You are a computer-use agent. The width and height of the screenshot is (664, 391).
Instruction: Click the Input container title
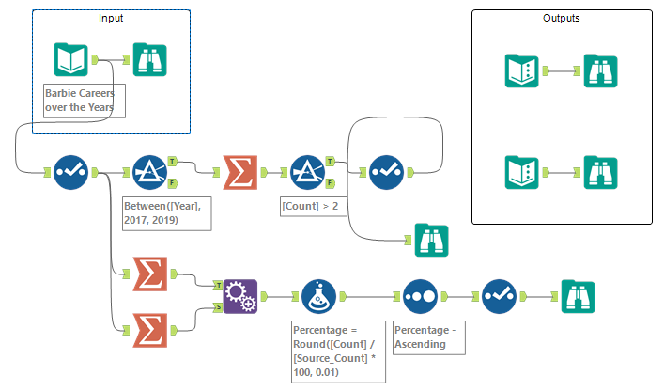[x=111, y=18]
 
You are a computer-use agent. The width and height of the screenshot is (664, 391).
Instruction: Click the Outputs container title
[x=561, y=18]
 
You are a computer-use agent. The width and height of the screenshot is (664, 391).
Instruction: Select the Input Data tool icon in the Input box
[x=71, y=60]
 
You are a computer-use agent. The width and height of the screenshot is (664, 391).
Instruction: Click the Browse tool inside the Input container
[x=152, y=60]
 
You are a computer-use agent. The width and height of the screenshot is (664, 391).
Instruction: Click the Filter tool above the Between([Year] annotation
[x=148, y=172]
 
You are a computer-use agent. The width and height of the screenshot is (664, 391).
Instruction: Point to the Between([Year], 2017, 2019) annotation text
[x=167, y=212]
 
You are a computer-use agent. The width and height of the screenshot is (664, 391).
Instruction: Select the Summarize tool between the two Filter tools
[x=239, y=172]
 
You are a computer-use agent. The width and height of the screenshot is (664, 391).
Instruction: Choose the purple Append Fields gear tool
[x=239, y=295]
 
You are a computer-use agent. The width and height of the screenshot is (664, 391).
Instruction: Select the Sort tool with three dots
[x=421, y=295]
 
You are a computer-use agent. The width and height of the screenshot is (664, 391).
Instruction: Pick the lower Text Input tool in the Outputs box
[x=522, y=172]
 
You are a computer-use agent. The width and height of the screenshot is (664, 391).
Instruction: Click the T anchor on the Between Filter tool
[x=171, y=161]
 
